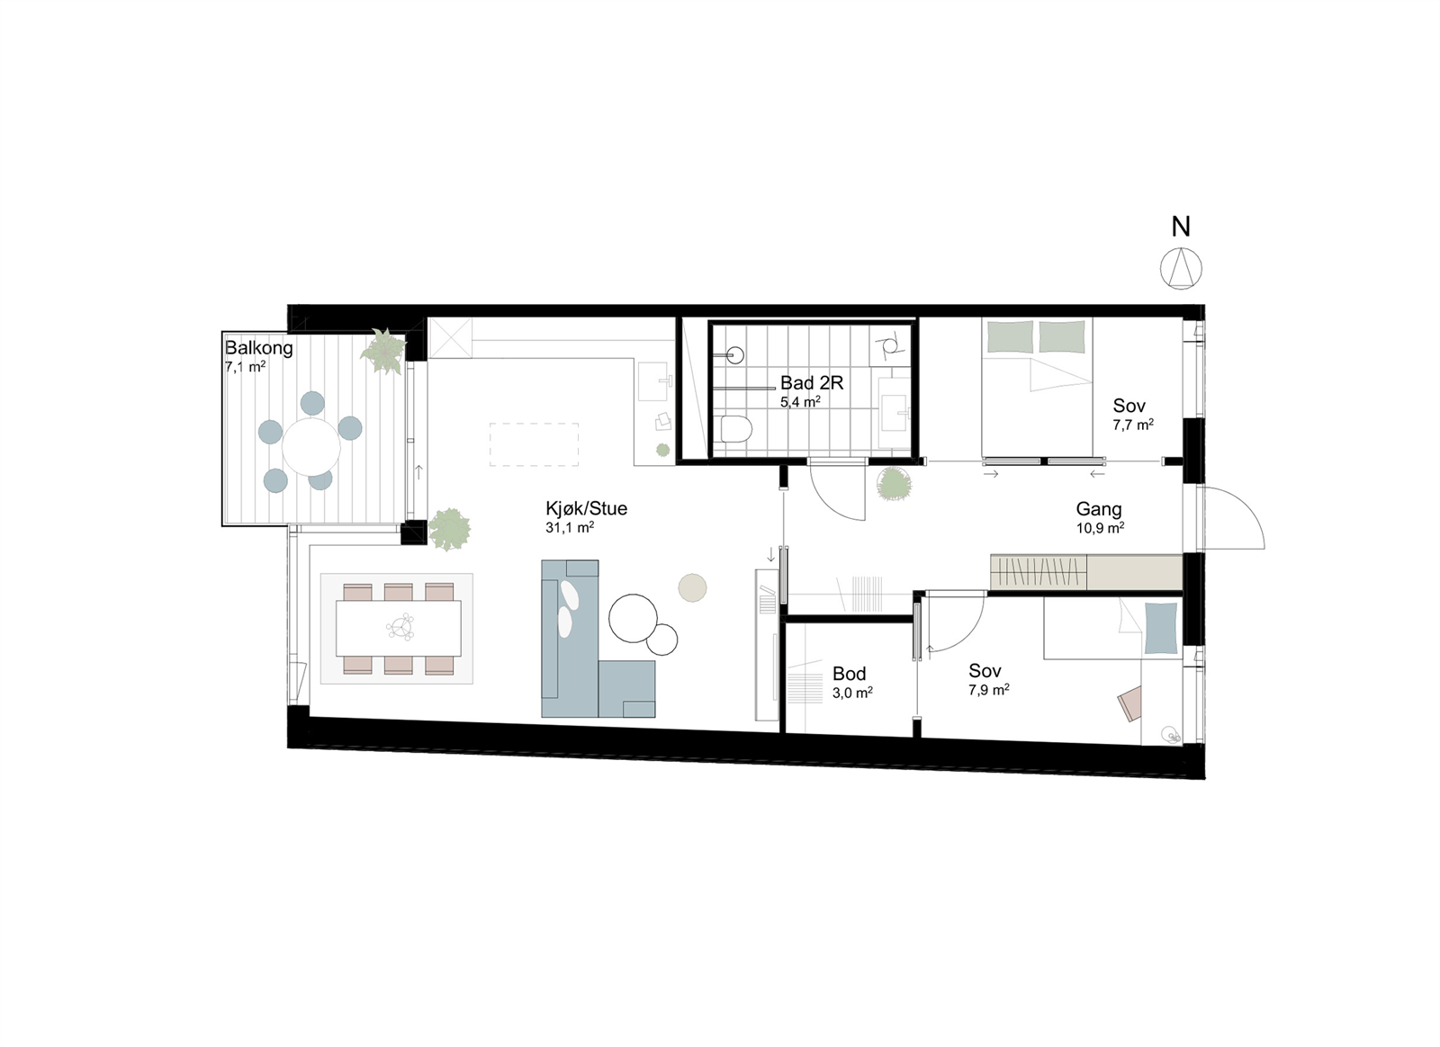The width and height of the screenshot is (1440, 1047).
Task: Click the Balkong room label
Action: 258,348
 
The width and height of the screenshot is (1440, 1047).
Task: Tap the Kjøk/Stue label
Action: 586,508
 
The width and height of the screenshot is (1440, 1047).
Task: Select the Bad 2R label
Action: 812,383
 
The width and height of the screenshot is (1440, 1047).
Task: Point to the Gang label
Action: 1099,509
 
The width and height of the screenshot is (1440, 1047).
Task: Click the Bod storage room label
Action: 849,674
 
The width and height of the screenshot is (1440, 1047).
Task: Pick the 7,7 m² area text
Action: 1133,425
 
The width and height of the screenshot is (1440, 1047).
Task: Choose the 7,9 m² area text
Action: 988,690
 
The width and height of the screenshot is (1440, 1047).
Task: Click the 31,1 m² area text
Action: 569,528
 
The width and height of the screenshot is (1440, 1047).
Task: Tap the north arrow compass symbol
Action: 1181,268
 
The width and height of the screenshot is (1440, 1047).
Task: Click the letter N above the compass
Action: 1181,228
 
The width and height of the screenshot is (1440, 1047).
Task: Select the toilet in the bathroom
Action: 735,430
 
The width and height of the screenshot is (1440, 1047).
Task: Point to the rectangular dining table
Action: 398,628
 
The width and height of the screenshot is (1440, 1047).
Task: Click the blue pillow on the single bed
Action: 1160,628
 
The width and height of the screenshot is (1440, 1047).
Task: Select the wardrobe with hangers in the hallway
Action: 1038,572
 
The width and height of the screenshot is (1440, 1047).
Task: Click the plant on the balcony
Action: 383,351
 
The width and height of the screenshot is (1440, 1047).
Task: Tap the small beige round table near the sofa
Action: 692,587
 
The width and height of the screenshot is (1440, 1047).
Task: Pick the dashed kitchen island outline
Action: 534,444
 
